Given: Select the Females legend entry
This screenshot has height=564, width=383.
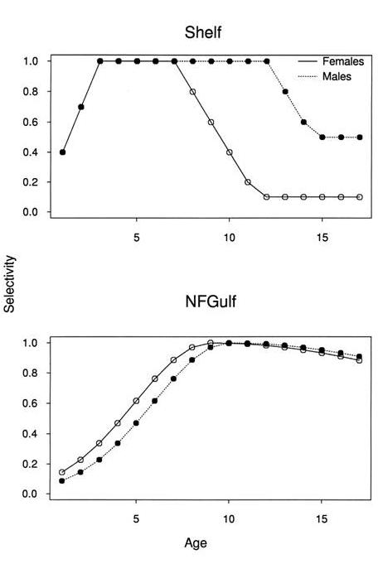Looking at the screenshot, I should click(342, 61).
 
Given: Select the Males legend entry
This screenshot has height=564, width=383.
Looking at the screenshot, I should click(337, 76).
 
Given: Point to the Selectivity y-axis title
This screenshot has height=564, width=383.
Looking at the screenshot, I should click(10, 282).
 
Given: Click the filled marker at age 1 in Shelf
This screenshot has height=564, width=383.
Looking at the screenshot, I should click(62, 152).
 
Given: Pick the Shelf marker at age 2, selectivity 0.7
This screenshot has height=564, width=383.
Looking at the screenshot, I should click(80, 106).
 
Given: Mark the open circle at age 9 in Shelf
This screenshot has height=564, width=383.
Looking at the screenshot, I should click(211, 122).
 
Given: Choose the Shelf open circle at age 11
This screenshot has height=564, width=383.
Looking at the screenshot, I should click(248, 182).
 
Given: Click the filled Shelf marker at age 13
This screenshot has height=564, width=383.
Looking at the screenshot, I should click(285, 91).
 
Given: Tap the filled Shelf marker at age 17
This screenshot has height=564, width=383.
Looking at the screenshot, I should click(360, 137).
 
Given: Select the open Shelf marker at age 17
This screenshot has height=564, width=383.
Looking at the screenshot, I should click(360, 197).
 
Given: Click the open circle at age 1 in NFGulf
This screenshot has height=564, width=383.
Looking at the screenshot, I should click(62, 472).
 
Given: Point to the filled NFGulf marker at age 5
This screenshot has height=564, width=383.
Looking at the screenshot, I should click(137, 422).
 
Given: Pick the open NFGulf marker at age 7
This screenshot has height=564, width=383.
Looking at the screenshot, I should click(173, 360).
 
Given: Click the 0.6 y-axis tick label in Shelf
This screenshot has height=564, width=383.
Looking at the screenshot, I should click(32, 122).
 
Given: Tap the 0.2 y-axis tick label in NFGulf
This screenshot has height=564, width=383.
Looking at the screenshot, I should click(32, 464).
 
